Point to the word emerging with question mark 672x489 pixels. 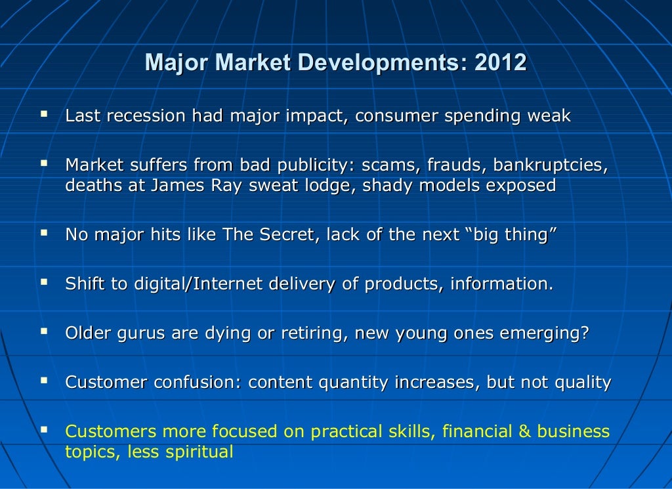pos(544,333)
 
